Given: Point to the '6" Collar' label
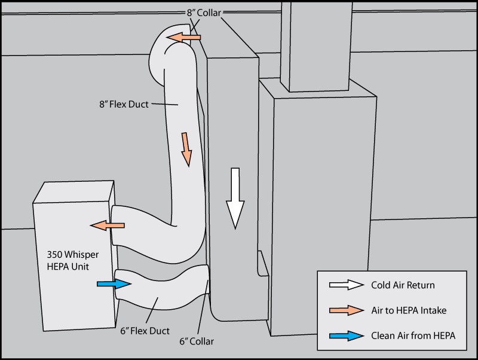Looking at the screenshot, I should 196,341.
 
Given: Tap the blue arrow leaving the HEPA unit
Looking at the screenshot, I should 114,284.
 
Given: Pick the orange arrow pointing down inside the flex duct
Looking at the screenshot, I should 186,148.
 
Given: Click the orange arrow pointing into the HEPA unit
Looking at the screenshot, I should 108,225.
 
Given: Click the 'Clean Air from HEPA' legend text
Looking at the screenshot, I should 413,335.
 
